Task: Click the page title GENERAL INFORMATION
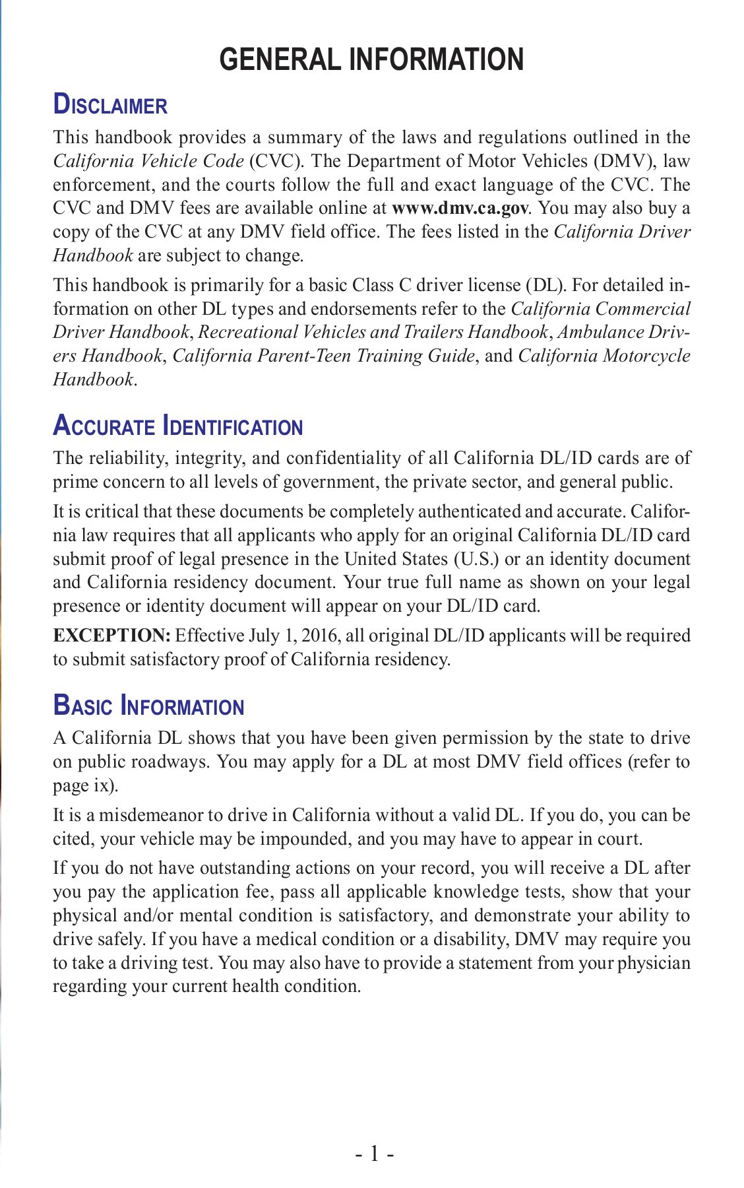tap(371, 60)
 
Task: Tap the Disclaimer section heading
tap(110, 106)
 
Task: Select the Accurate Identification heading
tap(177, 426)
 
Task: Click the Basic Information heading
tap(148, 706)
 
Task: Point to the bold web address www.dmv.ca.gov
tap(460, 209)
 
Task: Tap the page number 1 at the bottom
tap(375, 1154)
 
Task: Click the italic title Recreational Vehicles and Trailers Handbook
tap(373, 332)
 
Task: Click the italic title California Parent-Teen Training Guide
tap(323, 356)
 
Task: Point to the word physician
tap(654, 963)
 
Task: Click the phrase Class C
tap(382, 285)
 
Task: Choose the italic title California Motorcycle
tap(604, 356)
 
